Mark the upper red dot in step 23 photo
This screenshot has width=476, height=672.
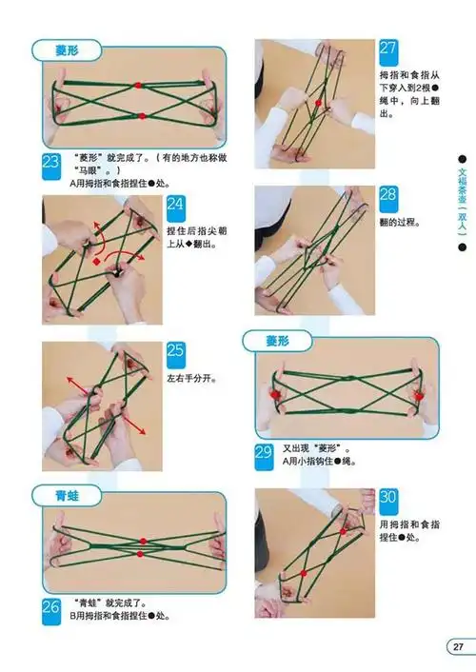point(139,85)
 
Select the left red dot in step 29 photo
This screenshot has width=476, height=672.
point(277,392)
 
